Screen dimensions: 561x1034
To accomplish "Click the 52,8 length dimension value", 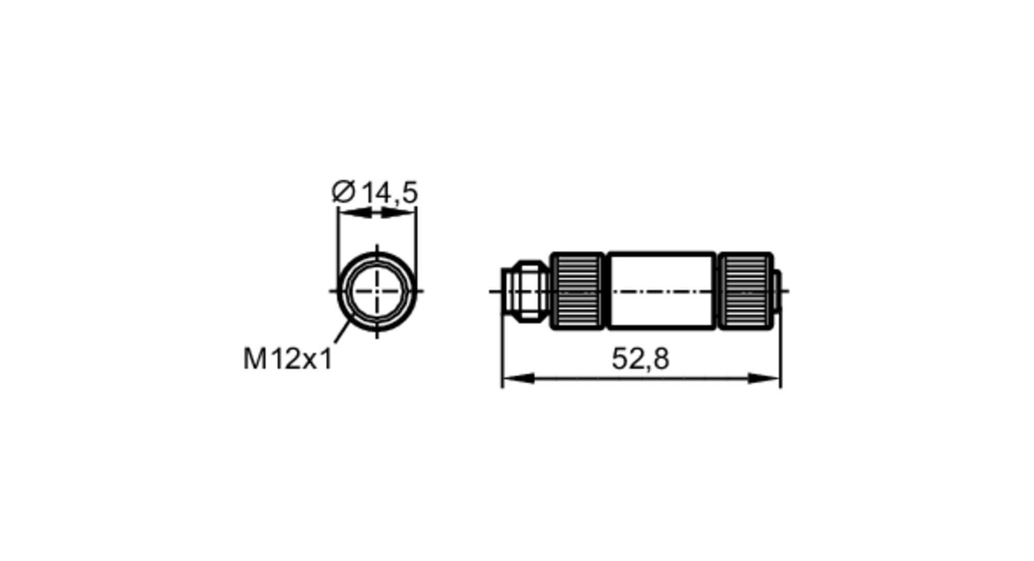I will (x=640, y=359).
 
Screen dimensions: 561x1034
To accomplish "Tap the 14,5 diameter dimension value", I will (x=389, y=193).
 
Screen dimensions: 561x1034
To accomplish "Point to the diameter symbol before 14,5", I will (x=343, y=192).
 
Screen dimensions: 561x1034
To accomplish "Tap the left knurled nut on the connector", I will (x=577, y=291).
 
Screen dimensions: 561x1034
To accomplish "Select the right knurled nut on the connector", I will (x=746, y=291).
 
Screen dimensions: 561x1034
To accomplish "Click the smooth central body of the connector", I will (x=661, y=291).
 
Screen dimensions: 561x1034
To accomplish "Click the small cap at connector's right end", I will (x=777, y=291).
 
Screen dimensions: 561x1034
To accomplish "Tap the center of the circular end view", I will (x=376, y=291).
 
